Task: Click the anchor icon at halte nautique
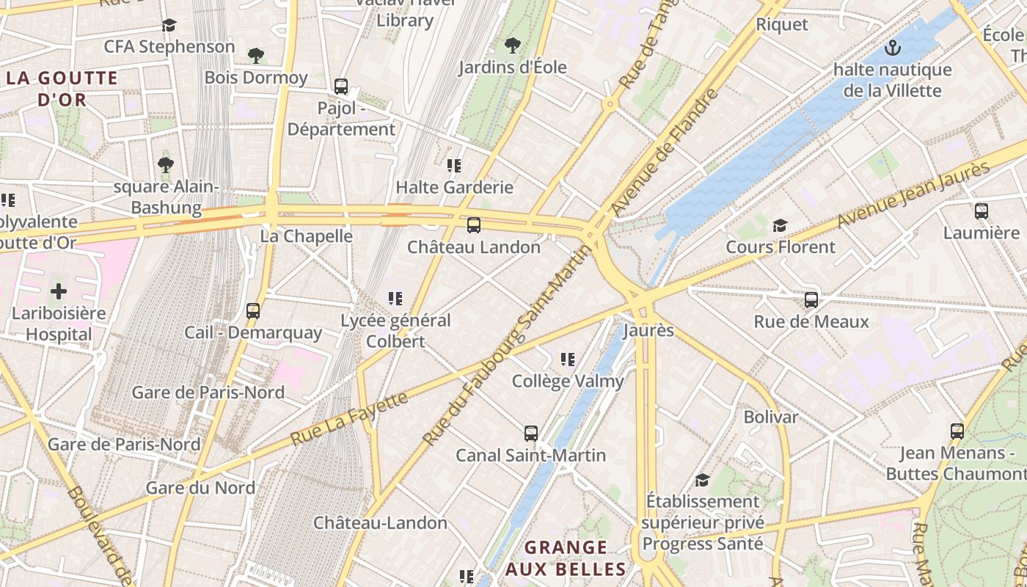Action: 892,48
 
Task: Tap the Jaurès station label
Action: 648,330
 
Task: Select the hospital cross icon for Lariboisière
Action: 58,291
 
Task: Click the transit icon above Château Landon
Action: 474,225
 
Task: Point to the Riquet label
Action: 782,24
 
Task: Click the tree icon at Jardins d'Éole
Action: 512,45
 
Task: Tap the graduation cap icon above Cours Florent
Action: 780,225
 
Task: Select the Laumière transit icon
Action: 982,211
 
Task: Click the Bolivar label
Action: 770,417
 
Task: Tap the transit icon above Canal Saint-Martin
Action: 531,434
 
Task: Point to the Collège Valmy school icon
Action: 567,360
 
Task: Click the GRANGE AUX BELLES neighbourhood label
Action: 566,558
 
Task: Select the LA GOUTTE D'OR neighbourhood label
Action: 62,89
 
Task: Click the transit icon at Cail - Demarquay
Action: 253,311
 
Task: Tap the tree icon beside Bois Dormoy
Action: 255,56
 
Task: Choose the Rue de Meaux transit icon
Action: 811,300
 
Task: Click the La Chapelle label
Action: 307,236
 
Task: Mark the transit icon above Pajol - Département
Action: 341,87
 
